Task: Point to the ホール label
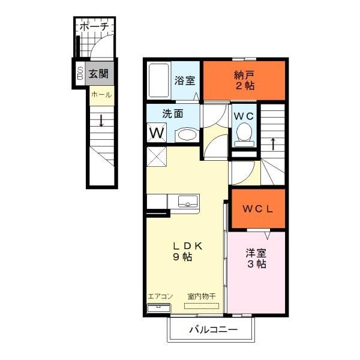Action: click(100, 95)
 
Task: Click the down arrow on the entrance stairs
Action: click(101, 121)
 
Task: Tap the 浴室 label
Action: click(184, 80)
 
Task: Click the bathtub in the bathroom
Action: click(158, 80)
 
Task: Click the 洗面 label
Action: click(173, 112)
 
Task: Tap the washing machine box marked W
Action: click(156, 132)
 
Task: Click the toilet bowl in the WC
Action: click(244, 133)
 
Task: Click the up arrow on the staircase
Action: click(273, 144)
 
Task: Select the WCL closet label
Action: click(258, 209)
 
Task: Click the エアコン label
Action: click(160, 296)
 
